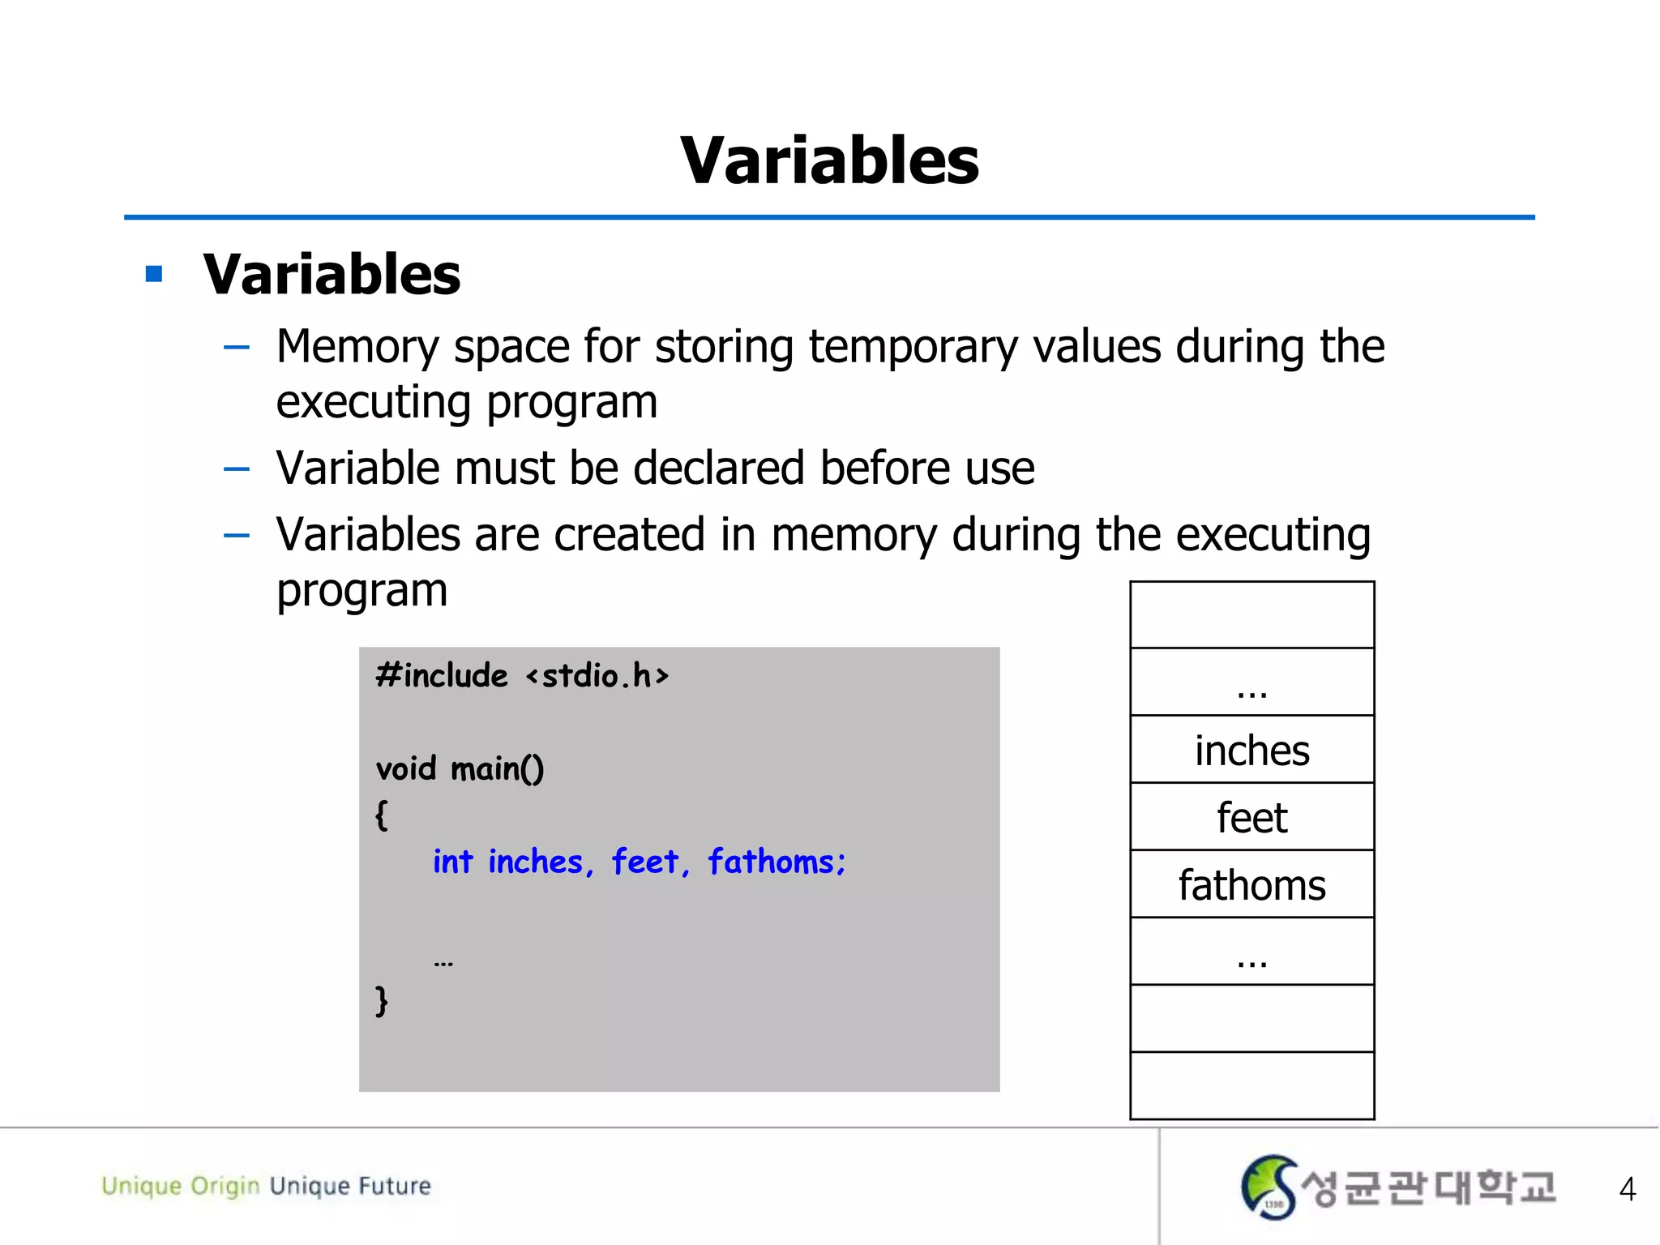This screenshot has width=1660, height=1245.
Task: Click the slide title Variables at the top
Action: (x=829, y=160)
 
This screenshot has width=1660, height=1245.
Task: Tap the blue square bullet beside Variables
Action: (x=154, y=274)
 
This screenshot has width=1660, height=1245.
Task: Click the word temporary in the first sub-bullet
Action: (x=912, y=347)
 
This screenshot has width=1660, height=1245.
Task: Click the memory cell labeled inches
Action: (x=1251, y=750)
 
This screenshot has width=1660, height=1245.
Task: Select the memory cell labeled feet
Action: (x=1251, y=817)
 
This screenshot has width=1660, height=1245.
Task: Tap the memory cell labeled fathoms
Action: (x=1251, y=884)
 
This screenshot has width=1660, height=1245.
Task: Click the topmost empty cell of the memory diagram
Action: (x=1251, y=614)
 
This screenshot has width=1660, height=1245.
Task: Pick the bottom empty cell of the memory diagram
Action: (x=1251, y=1086)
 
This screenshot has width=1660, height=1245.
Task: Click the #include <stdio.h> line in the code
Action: (x=522, y=675)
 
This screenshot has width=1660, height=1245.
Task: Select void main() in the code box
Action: (x=460, y=768)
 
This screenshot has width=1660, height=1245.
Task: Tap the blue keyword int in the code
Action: (x=452, y=862)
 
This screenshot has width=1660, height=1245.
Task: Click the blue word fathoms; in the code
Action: (x=777, y=862)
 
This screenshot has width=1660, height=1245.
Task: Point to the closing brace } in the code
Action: (x=382, y=1000)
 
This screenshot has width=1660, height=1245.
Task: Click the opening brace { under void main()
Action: (x=382, y=815)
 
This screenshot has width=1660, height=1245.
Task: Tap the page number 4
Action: (x=1627, y=1189)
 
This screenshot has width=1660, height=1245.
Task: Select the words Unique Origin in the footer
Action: (x=180, y=1186)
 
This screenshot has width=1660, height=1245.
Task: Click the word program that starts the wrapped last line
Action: (x=362, y=591)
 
